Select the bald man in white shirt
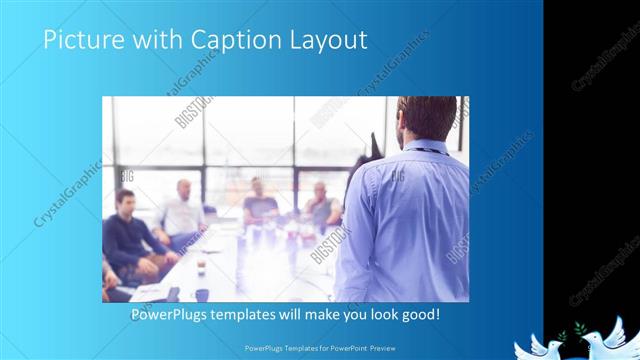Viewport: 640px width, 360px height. pos(182,215)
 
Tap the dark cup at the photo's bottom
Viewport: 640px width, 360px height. pos(201,294)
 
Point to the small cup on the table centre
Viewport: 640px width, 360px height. pos(201,265)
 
